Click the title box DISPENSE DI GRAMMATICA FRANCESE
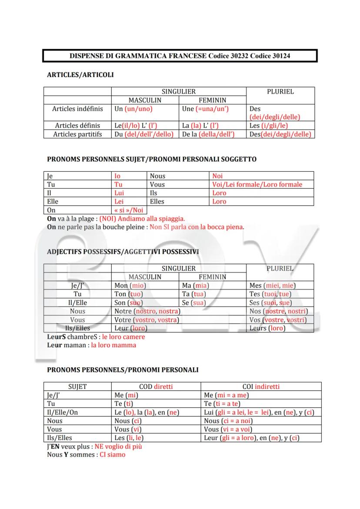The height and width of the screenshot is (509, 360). [180, 56]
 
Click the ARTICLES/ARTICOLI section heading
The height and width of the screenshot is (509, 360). [80, 75]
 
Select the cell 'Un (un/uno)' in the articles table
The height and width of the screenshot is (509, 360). [133, 109]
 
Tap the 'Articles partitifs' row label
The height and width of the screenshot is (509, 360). [77, 134]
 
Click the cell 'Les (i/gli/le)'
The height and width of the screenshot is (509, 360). [269, 126]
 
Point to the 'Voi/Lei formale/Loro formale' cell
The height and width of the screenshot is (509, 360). [257, 184]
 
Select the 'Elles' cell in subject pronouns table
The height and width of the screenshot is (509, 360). [157, 201]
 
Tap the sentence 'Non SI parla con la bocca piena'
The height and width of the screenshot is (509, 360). [197, 227]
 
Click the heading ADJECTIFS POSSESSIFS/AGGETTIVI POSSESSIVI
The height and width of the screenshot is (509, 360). [123, 252]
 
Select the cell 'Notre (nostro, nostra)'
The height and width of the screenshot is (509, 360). [147, 311]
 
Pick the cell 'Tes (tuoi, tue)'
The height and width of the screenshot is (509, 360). [270, 294]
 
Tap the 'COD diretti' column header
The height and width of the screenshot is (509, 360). [156, 386]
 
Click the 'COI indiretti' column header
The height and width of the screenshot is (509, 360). [261, 386]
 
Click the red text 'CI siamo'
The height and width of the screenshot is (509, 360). [112, 455]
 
